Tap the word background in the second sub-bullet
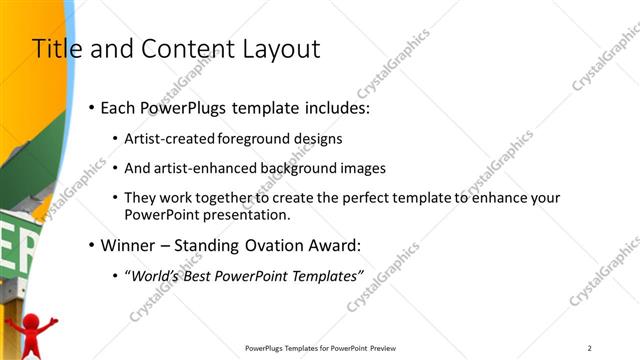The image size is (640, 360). [306, 169]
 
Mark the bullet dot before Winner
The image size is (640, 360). [91, 245]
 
